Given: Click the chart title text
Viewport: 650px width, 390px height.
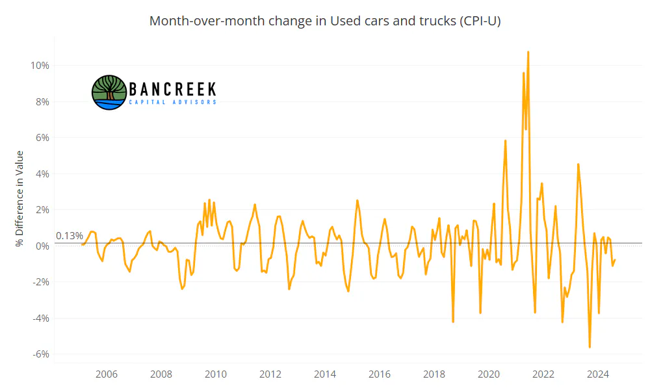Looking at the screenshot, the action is [325, 21].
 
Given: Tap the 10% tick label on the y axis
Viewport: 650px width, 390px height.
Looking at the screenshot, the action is [40, 66].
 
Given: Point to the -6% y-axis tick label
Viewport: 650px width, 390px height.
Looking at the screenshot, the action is [40, 354].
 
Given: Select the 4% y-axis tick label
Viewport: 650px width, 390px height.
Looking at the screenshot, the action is [42, 174].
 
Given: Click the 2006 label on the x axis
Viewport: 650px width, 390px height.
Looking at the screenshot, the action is [107, 374].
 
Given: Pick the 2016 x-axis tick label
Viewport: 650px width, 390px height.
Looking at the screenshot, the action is [380, 374].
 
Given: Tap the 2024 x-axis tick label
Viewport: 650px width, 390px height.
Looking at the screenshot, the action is [598, 374].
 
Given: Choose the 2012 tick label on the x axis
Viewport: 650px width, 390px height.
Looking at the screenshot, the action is [270, 374].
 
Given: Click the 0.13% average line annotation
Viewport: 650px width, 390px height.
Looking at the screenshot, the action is [70, 236].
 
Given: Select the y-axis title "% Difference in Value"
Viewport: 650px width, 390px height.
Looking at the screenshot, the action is [19, 198].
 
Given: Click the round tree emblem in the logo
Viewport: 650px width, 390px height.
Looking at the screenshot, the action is [109, 92].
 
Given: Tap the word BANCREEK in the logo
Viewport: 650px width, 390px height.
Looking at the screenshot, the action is [172, 89].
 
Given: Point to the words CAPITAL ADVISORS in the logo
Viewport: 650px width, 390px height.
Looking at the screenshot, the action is [172, 102].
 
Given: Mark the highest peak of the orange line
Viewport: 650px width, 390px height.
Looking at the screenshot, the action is [528, 52].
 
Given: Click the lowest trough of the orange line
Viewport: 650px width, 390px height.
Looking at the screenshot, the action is [590, 347].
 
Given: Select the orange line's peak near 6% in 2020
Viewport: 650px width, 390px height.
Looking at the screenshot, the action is [505, 141].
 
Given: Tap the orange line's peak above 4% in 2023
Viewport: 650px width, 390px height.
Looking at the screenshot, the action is [578, 164].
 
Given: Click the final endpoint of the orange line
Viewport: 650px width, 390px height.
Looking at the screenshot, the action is [615, 260].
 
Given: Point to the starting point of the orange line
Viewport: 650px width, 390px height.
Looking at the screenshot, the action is [82, 244].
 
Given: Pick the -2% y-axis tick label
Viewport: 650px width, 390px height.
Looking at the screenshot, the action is [40, 282].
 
